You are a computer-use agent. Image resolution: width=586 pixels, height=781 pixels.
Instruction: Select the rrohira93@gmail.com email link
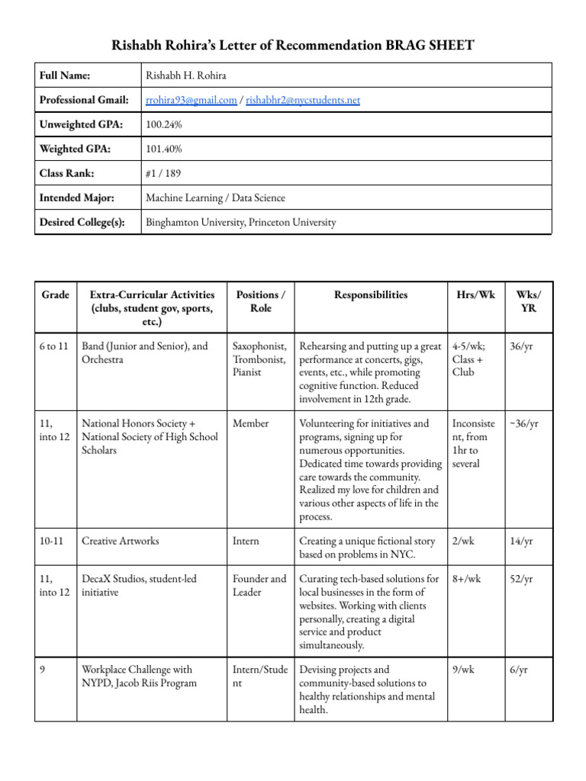click(190, 100)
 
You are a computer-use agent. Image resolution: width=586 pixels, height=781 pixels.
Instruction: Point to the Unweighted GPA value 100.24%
click(163, 124)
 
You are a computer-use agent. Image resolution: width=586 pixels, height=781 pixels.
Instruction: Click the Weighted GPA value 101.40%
click(163, 149)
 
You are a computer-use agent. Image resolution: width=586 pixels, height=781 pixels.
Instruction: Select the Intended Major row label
click(76, 198)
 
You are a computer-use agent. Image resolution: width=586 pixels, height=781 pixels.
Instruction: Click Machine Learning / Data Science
click(215, 198)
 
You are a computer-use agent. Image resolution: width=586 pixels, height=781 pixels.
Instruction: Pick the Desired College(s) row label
click(82, 223)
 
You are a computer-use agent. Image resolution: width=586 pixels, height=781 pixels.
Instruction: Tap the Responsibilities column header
click(371, 294)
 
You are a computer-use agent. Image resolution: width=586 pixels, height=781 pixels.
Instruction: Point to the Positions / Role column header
click(260, 301)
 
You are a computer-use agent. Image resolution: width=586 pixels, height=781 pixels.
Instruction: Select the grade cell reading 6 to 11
click(53, 346)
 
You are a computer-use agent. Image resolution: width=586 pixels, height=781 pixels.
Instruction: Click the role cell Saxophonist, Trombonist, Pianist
click(259, 359)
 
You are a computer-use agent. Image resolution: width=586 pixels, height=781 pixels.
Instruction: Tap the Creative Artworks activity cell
click(120, 541)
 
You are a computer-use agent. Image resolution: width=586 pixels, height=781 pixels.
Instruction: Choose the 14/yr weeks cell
click(522, 541)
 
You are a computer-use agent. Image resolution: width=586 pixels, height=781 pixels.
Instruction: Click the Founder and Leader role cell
click(259, 585)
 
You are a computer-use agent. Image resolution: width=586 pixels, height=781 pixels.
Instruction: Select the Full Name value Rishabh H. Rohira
click(188, 76)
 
